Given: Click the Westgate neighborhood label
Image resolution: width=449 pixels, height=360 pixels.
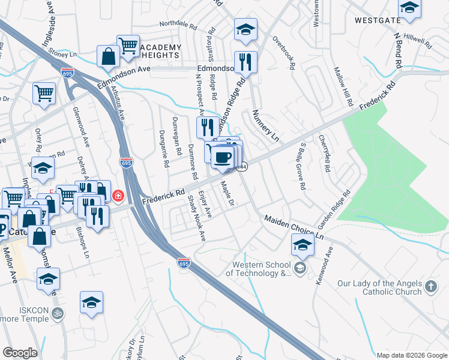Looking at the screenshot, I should coord(377,20).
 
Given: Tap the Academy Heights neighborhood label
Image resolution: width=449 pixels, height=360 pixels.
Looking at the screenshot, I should coord(160,51).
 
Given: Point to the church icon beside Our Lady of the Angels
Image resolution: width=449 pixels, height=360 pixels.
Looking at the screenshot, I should coord(430,287).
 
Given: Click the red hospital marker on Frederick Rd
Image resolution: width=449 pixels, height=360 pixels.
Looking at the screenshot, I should coord(118,196).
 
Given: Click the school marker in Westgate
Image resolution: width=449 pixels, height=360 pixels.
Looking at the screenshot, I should coord(409,7).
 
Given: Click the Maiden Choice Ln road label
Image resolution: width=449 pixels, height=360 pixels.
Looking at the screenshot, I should coord(294,227).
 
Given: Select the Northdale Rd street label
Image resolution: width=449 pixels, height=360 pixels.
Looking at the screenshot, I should coord(178,26).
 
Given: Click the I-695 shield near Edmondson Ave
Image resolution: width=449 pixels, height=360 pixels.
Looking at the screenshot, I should coord(67,72).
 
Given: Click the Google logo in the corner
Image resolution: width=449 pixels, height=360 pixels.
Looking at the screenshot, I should coord(20,353).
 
